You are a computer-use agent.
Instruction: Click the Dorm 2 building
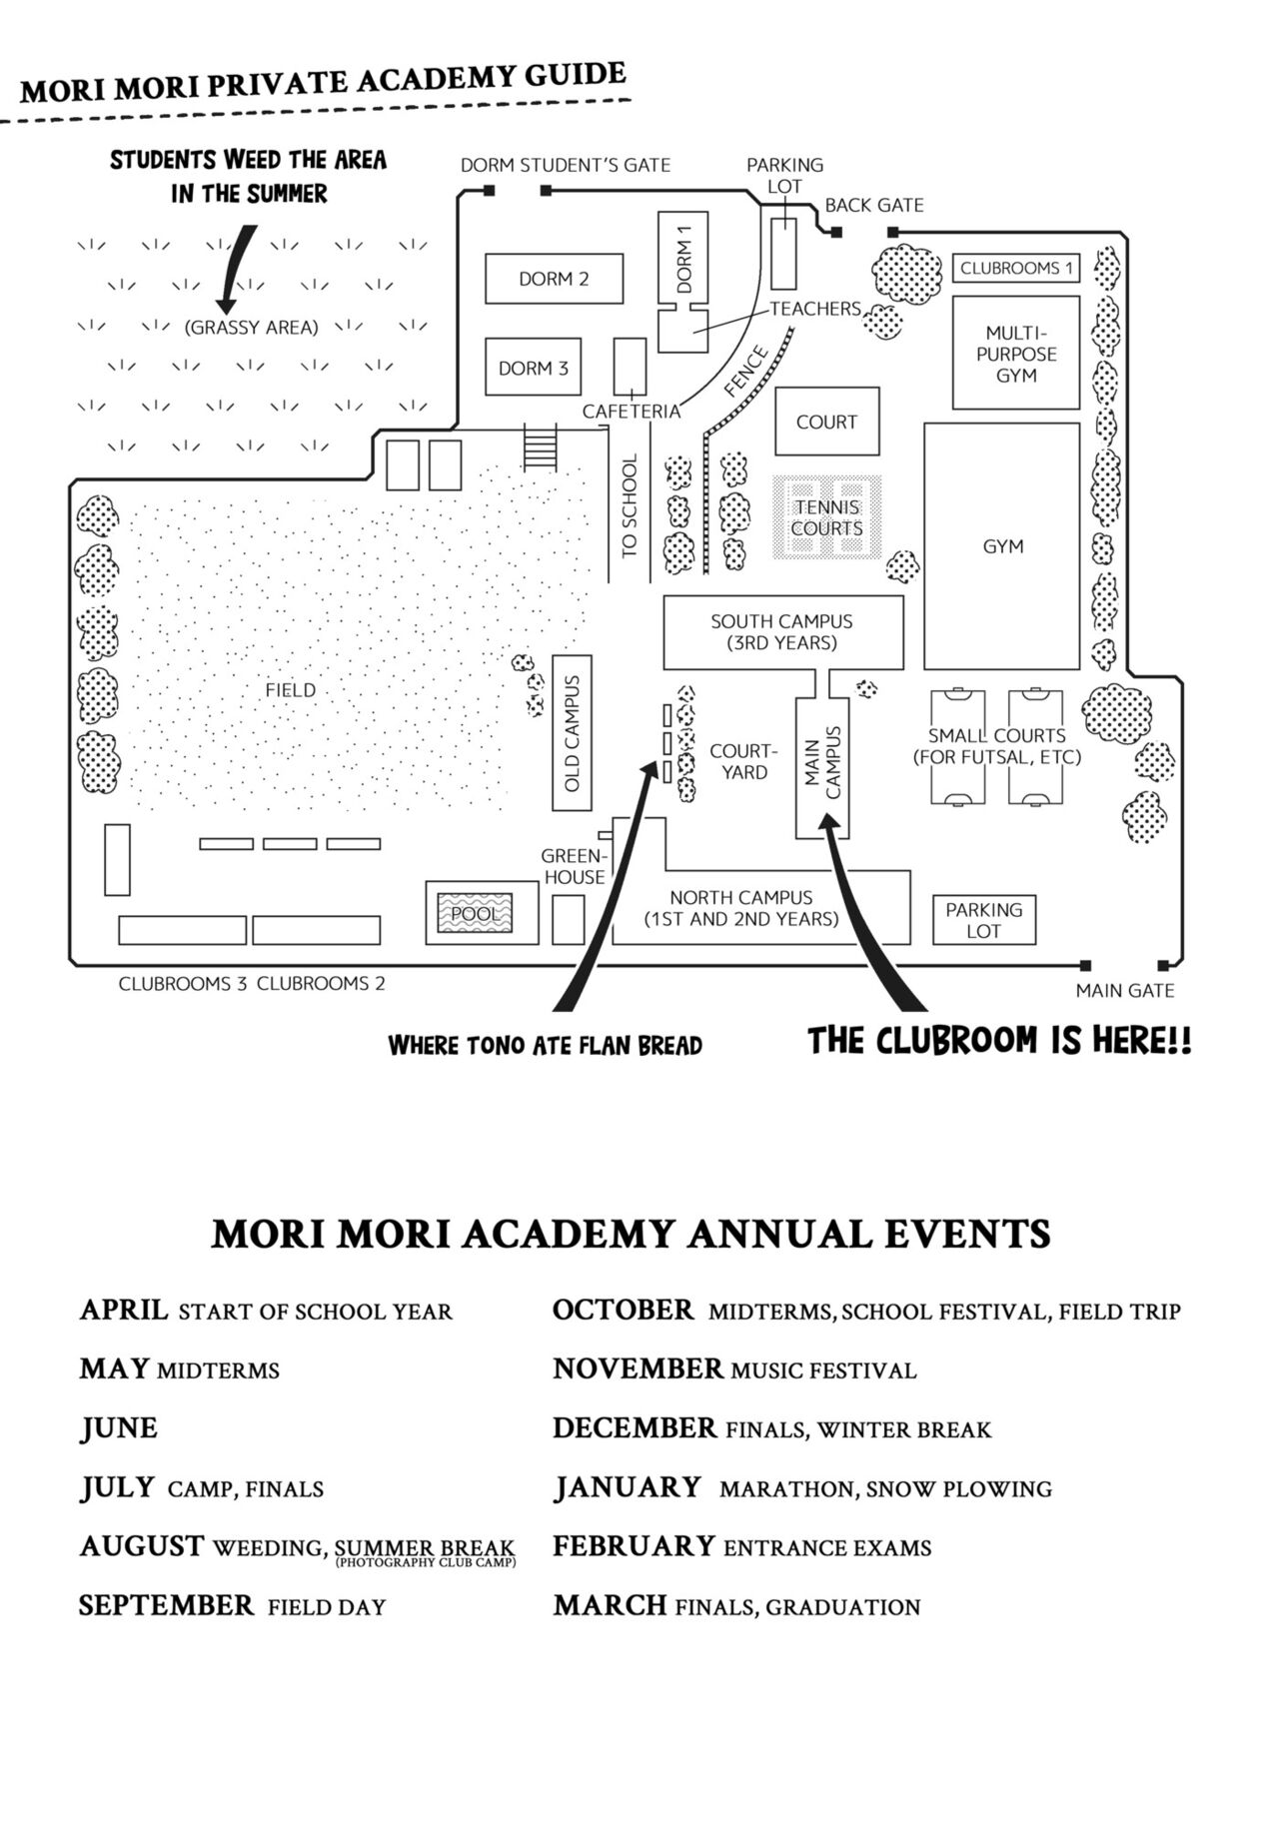pos(554,279)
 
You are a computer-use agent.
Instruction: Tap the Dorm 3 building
pos(533,369)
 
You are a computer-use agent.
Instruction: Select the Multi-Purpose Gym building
pos(1015,353)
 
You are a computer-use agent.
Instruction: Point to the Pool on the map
pos(476,913)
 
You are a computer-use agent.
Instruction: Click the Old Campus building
pos(572,732)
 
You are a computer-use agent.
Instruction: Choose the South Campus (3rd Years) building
pos(782,632)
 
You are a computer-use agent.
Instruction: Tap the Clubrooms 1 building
pos(1015,268)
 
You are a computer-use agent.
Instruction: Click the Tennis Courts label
pos(826,517)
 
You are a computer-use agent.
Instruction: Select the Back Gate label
pos(873,205)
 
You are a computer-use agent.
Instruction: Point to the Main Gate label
pos(1124,990)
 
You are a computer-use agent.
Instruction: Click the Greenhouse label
pos(574,866)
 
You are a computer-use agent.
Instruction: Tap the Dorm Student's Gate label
pos(565,165)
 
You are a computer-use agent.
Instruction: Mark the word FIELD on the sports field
pos(290,690)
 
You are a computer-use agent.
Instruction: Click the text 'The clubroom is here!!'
pos(998,1041)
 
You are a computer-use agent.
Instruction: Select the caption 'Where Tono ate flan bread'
pos(545,1045)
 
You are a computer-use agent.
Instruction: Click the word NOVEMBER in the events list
pos(638,1368)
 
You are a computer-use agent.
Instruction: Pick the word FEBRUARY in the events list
pos(634,1546)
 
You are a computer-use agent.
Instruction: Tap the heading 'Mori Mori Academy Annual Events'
pos(631,1234)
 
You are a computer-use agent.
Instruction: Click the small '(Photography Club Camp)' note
pos(425,1562)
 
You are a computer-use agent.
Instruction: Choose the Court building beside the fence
pos(826,422)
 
